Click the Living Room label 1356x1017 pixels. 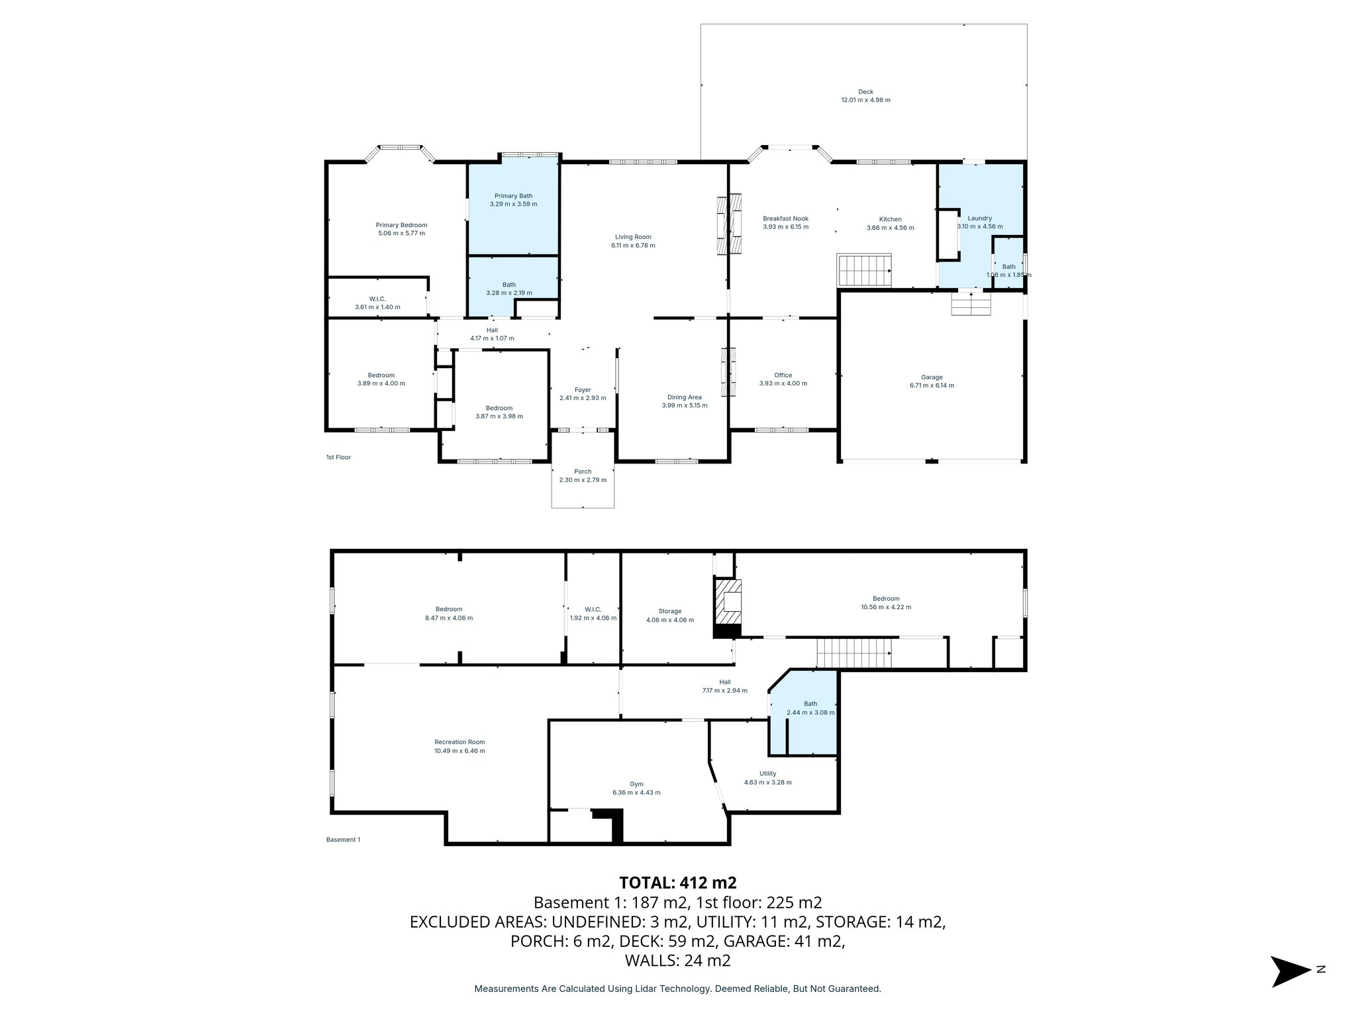pyautogui.click(x=633, y=236)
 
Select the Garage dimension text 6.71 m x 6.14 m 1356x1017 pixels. pyautogui.click(x=932, y=385)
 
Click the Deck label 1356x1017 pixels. pyautogui.click(x=865, y=92)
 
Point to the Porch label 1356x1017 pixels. pyautogui.click(x=583, y=471)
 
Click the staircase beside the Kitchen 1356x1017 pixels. pyautogui.click(x=864, y=270)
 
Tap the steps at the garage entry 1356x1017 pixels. pyautogui.click(x=971, y=305)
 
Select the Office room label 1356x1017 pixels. pyautogui.click(x=783, y=375)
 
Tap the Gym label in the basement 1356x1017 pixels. pyautogui.click(x=636, y=784)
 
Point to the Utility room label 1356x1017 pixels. pyautogui.click(x=767, y=773)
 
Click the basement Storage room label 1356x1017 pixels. pyautogui.click(x=669, y=611)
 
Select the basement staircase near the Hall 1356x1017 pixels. pyautogui.click(x=853, y=653)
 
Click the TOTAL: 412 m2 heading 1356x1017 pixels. pyautogui.click(x=677, y=883)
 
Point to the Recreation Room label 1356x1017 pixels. pyautogui.click(x=460, y=742)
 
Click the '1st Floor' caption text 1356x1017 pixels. pyautogui.click(x=338, y=458)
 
